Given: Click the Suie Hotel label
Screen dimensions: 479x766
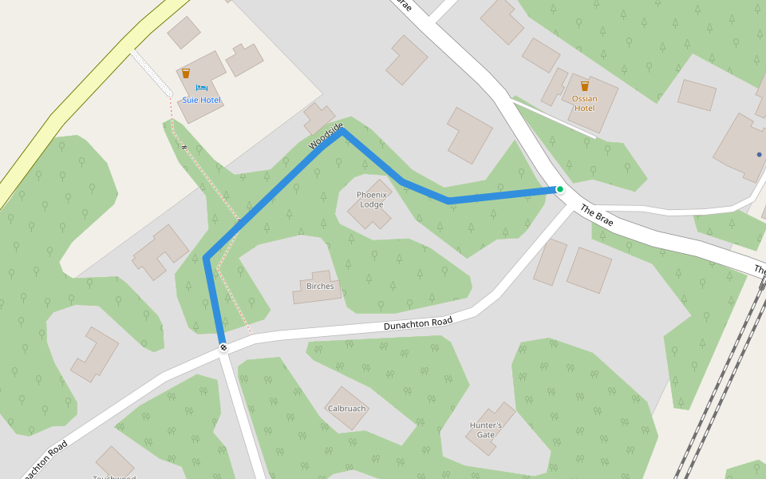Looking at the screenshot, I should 201,100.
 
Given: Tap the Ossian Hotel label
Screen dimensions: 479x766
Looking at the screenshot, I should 584,103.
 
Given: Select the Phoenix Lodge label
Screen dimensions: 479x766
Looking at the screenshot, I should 371,199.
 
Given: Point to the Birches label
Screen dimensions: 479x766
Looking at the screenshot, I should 320,285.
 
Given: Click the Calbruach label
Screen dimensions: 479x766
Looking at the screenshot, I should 346,408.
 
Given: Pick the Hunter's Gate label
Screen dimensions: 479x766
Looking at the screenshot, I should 485,430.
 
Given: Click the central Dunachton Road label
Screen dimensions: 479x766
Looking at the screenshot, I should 418,323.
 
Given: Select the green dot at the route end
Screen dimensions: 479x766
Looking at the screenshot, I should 560,189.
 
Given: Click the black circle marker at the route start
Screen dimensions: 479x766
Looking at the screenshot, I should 223,347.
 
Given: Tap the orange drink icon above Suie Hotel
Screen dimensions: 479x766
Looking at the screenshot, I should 186,73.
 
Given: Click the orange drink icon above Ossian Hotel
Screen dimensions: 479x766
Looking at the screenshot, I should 585,85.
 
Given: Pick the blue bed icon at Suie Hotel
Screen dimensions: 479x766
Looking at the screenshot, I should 200,87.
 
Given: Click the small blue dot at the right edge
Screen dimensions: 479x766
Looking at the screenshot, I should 759,154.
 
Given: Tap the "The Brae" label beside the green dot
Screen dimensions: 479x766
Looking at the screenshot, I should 597,216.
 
